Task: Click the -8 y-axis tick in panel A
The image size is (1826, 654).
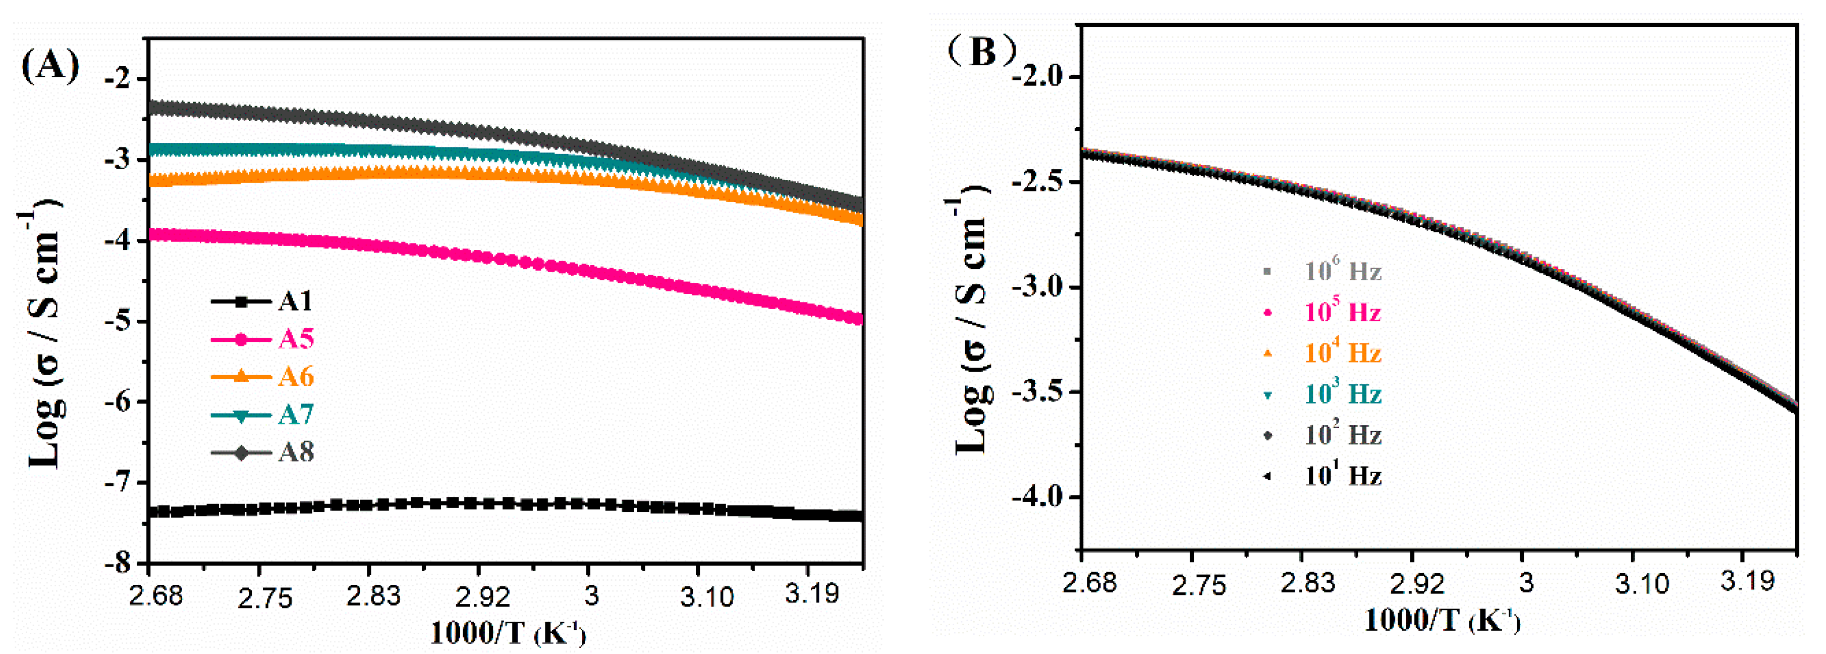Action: [118, 564]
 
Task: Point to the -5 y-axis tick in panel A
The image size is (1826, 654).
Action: [118, 321]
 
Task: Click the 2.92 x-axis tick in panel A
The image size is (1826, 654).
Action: [482, 597]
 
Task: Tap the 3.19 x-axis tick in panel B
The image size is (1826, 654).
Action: [1747, 582]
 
